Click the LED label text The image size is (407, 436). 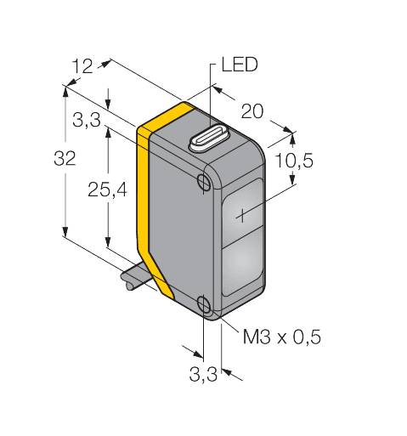click(x=240, y=65)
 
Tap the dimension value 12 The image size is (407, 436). click(x=82, y=66)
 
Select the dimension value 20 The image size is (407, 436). click(x=252, y=111)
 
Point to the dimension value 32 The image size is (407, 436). click(x=65, y=158)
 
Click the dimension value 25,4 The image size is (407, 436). click(x=107, y=190)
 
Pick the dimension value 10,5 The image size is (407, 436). click(x=294, y=161)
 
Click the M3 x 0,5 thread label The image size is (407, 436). click(x=282, y=337)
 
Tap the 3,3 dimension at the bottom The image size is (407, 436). click(x=203, y=374)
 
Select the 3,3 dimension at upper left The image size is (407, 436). click(x=87, y=120)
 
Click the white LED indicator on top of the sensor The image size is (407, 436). click(x=209, y=139)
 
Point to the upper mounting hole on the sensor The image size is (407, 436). click(x=204, y=181)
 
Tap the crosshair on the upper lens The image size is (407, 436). click(x=242, y=215)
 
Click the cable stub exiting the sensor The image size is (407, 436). click(x=137, y=279)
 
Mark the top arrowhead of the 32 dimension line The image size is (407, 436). click(x=65, y=91)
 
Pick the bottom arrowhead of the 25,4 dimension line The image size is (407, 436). click(x=108, y=242)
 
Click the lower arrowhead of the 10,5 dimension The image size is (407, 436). click(x=292, y=179)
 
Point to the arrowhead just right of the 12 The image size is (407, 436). click(x=105, y=64)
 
